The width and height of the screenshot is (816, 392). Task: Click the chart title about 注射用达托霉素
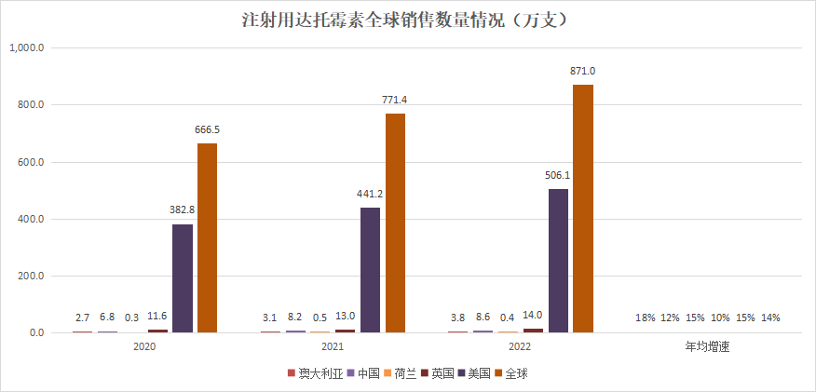pos(407,19)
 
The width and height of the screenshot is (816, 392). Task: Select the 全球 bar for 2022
pos(583,208)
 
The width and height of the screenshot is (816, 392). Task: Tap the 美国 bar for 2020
pos(183,278)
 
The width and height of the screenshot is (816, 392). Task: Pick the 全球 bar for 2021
pos(395,223)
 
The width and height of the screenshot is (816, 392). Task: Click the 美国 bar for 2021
pos(370,270)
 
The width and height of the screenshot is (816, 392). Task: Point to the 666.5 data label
pos(207,130)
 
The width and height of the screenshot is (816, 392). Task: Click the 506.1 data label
pos(558,176)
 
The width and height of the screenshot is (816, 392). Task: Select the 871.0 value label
pos(583,72)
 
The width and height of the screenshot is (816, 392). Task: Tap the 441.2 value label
pos(370,195)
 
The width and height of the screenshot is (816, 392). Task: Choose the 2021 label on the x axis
pos(333,346)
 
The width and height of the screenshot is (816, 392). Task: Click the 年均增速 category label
pos(707,346)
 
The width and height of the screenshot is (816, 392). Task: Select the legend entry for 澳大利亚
pos(313,373)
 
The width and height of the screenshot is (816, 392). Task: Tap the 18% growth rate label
pos(645,318)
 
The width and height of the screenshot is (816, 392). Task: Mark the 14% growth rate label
pos(770,318)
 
